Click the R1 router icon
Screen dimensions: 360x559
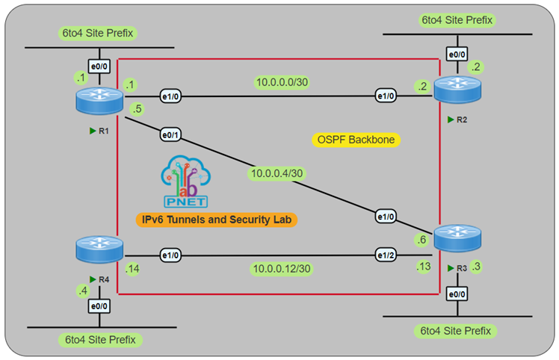pyautogui.click(x=99, y=100)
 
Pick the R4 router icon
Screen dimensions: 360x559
pyautogui.click(x=99, y=249)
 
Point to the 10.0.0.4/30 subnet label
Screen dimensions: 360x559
pyautogui.click(x=277, y=175)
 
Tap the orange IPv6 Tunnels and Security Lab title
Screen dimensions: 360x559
pyautogui.click(x=217, y=219)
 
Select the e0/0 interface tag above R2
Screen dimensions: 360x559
pyautogui.click(x=457, y=55)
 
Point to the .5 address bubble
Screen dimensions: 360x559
pyautogui.click(x=136, y=110)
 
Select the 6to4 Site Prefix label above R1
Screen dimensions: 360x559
pyautogui.click(x=99, y=34)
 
